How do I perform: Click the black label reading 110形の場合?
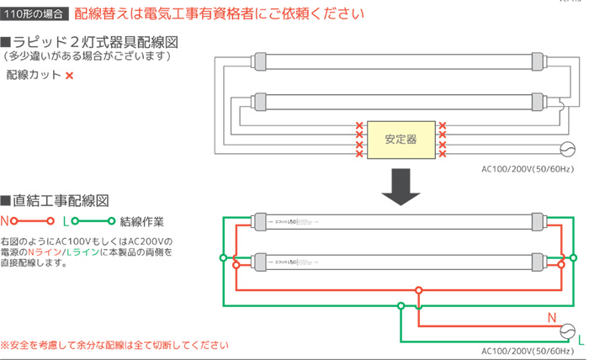(x=34, y=14)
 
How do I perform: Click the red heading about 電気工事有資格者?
(x=220, y=14)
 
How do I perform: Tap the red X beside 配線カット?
(x=69, y=76)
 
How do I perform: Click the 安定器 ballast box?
(x=400, y=139)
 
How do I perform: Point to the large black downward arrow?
(x=401, y=186)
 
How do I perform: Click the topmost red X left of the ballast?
(x=359, y=127)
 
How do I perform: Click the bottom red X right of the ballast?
(x=442, y=155)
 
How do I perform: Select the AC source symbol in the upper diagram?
(x=566, y=151)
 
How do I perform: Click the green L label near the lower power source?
(x=581, y=341)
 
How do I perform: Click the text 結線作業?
(x=142, y=222)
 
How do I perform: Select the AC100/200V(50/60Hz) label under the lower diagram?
(x=528, y=352)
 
